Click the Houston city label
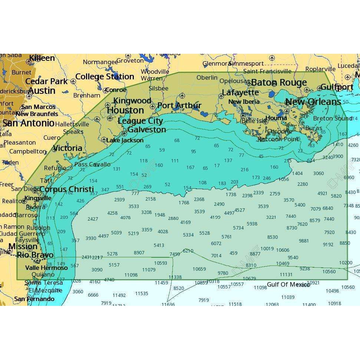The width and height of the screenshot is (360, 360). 125,110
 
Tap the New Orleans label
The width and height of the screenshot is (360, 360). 313,102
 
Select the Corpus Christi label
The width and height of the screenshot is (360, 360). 66,189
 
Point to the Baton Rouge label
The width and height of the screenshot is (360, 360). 279,82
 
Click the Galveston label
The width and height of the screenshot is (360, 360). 147,130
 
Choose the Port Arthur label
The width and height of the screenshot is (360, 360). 179,106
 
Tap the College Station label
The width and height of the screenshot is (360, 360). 105,77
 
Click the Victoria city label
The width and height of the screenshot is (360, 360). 67,148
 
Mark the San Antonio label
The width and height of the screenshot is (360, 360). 29,123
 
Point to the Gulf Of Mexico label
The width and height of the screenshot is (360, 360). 288,284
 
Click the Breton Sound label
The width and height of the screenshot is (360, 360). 332,119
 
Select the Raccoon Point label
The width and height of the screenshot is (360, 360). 278,139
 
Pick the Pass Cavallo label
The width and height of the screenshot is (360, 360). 92,164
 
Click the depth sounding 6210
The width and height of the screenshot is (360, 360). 188,251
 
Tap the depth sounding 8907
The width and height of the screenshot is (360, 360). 139,252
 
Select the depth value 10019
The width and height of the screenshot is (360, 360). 267,249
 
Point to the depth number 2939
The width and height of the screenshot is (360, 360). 119,200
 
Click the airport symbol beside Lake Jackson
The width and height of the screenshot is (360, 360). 104,140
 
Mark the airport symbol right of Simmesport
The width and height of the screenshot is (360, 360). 272,58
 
